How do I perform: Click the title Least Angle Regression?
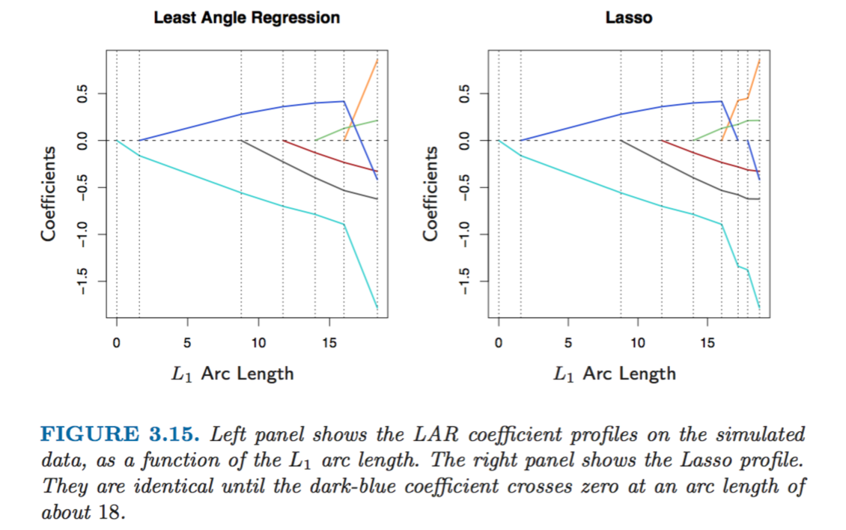246,17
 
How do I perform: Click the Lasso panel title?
629,17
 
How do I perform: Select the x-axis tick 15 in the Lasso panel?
707,343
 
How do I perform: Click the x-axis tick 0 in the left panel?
117,343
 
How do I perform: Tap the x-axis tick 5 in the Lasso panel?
568,343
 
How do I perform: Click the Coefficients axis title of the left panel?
49,193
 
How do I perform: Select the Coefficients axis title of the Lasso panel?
431,193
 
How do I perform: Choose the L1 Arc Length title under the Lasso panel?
615,373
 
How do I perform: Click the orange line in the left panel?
363,97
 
